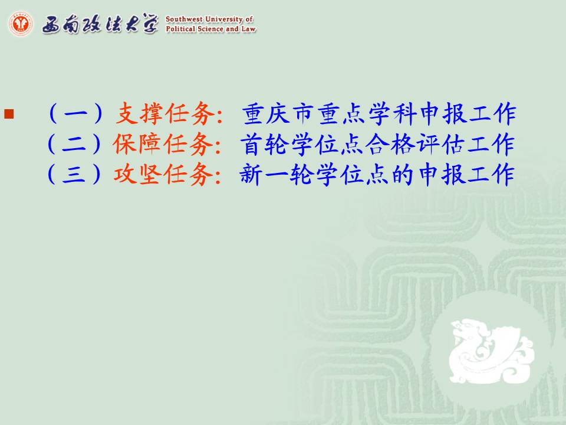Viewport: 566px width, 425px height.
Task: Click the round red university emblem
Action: click(21, 24)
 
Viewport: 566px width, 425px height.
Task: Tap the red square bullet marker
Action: click(9, 114)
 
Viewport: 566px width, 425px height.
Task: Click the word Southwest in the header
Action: click(184, 19)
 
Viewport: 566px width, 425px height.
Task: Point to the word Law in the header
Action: click(249, 29)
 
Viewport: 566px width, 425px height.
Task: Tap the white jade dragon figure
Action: click(491, 351)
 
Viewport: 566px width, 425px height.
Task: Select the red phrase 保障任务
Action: click(163, 144)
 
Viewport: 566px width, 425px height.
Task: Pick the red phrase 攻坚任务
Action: click(163, 175)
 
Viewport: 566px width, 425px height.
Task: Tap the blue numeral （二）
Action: click(74, 144)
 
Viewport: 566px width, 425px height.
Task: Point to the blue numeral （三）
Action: click(74, 175)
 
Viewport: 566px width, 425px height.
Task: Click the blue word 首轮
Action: click(265, 144)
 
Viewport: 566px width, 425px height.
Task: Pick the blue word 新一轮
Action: click(277, 175)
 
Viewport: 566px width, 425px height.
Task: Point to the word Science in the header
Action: click(210, 29)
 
